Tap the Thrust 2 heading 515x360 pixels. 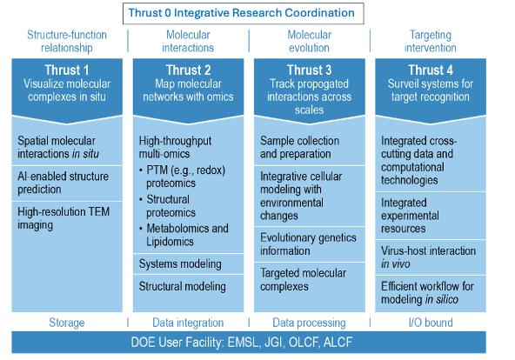tap(187, 70)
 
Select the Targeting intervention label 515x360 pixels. tap(428, 40)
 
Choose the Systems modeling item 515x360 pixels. tap(180, 263)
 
